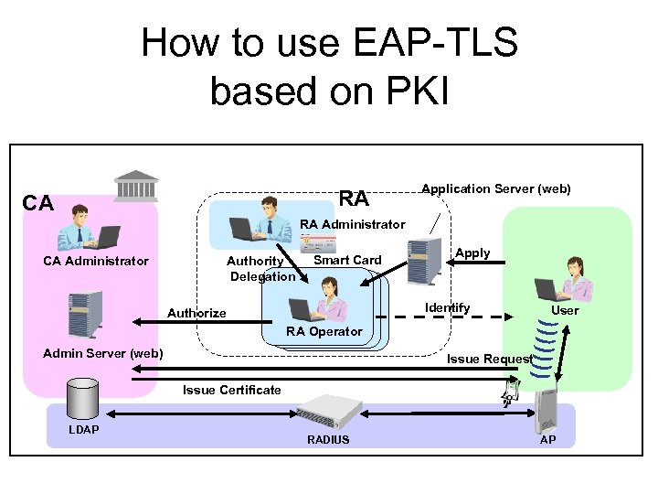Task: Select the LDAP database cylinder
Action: [x=83, y=399]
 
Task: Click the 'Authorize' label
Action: [x=196, y=314]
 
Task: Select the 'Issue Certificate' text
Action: [x=232, y=391]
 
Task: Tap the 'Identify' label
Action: [x=448, y=308]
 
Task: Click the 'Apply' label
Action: [x=472, y=253]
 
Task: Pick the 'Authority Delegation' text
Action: [x=260, y=269]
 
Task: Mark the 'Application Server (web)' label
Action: [x=495, y=189]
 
